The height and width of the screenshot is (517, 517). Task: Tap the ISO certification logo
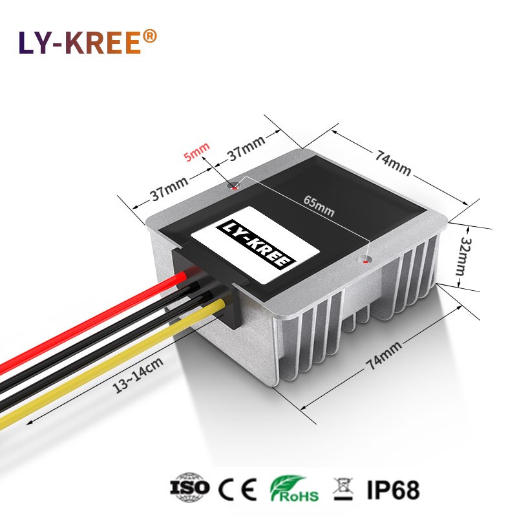[x=189, y=487]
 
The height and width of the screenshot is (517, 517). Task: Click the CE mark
[x=240, y=487]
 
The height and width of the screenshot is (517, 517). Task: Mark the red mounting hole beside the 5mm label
[x=234, y=188]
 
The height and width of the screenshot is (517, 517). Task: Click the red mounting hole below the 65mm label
[x=367, y=262]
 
